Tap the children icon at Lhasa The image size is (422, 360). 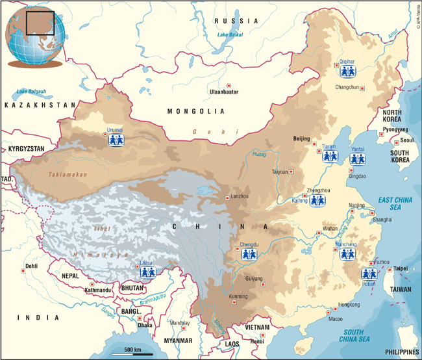pos(148,272)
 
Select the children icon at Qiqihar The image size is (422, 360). pos(347,70)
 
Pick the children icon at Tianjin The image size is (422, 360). pos(330,156)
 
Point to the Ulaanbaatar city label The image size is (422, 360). pos(222,92)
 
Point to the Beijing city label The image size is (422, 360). pos(302,138)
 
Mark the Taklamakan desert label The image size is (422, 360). pos(66,174)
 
